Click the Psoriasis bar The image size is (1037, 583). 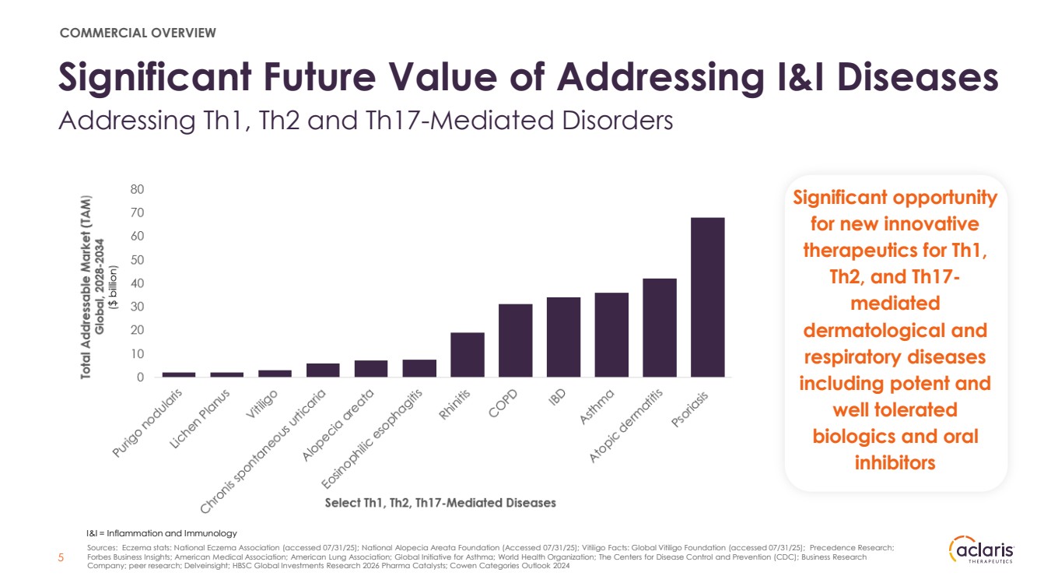(707, 297)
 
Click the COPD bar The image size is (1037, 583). (515, 340)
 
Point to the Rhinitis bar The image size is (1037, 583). (467, 355)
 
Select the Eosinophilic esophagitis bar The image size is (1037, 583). (419, 368)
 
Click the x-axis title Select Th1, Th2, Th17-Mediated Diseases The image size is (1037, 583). (440, 503)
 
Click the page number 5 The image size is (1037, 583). (62, 558)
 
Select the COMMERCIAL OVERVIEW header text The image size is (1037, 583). (138, 33)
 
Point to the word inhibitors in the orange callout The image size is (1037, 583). (895, 462)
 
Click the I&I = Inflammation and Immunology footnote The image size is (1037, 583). (161, 533)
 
